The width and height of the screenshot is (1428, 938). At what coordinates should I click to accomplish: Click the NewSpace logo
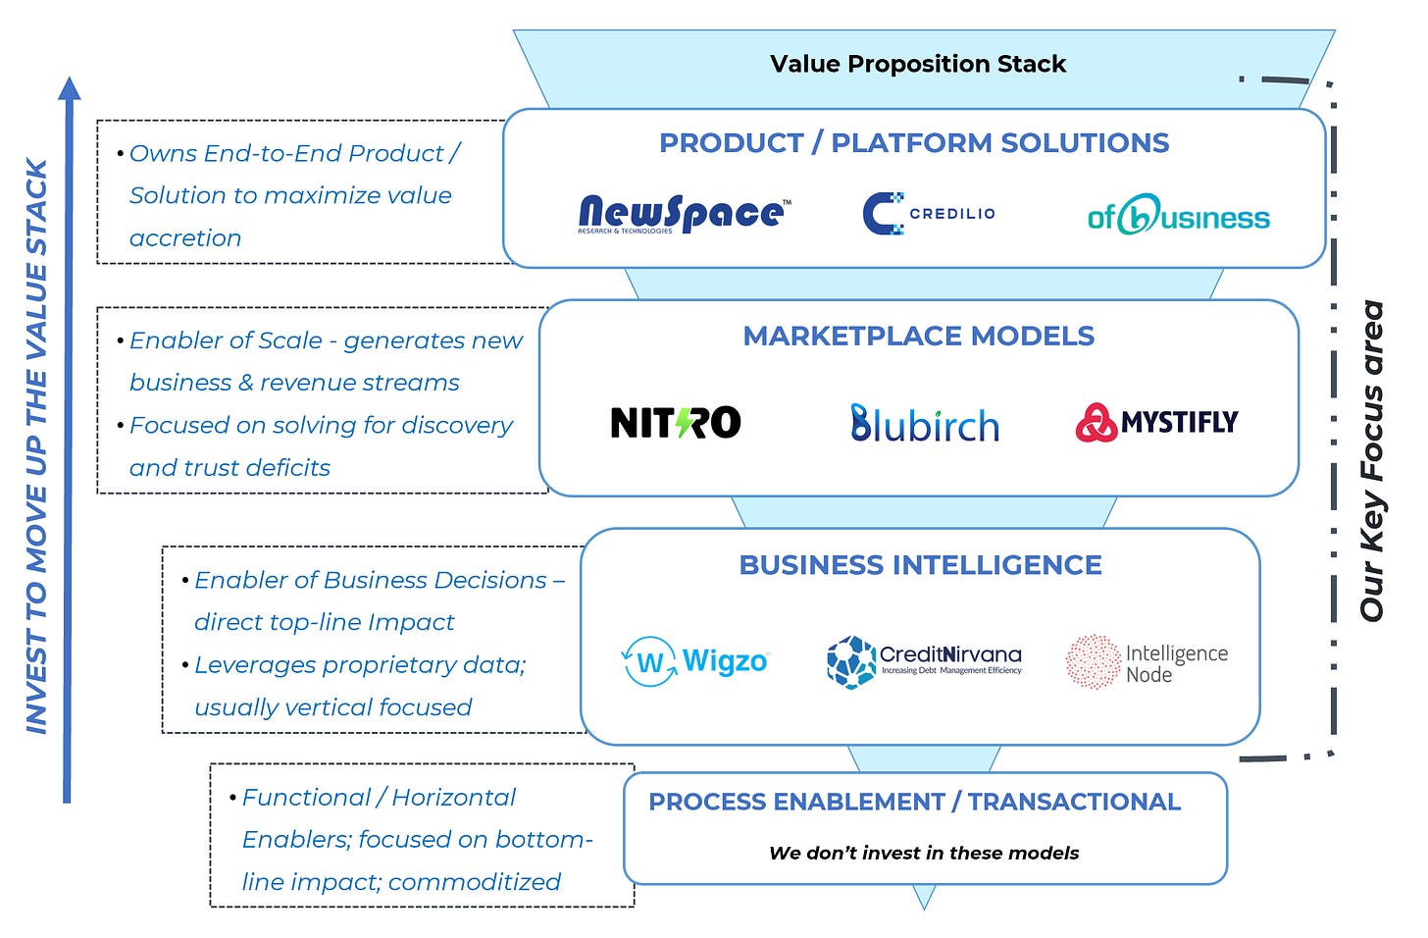tap(684, 213)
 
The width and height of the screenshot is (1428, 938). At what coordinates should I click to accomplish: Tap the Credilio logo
tap(929, 213)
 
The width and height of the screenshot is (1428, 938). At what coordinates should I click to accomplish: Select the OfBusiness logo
tap(1178, 215)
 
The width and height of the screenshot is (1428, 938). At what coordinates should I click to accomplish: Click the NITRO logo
tap(675, 423)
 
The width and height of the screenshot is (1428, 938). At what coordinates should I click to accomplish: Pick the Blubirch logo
tap(925, 423)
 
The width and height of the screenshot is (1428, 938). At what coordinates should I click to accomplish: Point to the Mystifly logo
tap(1156, 423)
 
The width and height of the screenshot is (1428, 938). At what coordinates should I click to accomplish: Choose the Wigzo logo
tap(695, 661)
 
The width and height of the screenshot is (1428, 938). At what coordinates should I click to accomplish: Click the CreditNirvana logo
tap(924, 661)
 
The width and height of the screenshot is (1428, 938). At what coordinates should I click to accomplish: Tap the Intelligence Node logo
tap(1147, 662)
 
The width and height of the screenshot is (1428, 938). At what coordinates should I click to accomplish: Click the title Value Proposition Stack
tap(918, 65)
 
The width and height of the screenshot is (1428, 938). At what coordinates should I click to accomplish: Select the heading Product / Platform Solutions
tap(914, 143)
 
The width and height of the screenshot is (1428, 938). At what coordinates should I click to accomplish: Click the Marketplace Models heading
tap(918, 337)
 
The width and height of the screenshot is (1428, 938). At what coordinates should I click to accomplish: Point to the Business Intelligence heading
tap(920, 565)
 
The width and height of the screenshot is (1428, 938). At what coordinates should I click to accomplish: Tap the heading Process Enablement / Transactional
tap(914, 802)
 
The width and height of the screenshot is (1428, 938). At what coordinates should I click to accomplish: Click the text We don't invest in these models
tap(924, 854)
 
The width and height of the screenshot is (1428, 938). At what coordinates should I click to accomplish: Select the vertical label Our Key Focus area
tap(1371, 461)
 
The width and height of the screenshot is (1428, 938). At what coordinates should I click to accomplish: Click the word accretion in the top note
tap(185, 238)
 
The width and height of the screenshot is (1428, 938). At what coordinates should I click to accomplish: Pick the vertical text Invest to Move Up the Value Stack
tap(36, 446)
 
